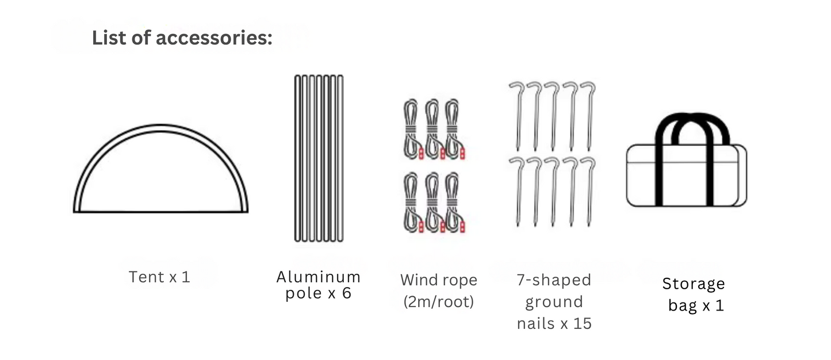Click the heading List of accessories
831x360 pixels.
coord(182,38)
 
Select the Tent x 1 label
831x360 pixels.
coord(159,277)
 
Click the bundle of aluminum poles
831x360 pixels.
coord(319,158)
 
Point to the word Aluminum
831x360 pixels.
coord(319,277)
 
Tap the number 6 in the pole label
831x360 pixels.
coord(346,293)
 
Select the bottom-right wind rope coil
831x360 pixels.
coord(453,202)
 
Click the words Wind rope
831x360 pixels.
coord(439,280)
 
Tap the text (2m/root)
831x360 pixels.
coord(439,301)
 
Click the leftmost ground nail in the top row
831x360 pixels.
coord(516,116)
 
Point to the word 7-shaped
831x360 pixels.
coord(554,280)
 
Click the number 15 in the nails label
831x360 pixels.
coord(582,323)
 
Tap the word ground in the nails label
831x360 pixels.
coord(554,301)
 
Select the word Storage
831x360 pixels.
coord(694,284)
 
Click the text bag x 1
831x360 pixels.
coord(696,305)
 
